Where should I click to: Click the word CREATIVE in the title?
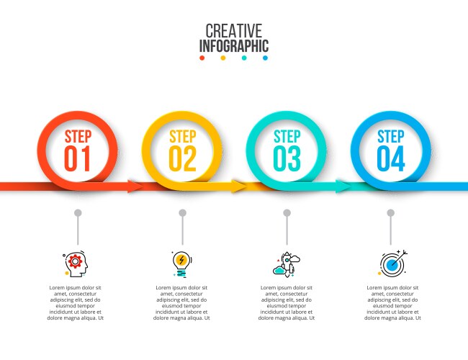(x=233, y=31)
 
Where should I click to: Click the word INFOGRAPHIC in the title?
(x=233, y=47)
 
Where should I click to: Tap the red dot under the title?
(x=202, y=58)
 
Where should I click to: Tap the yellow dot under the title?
(x=223, y=58)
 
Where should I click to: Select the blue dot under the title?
(x=265, y=58)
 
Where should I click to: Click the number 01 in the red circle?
(x=78, y=158)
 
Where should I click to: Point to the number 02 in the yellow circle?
(x=182, y=158)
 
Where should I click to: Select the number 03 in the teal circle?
(x=287, y=158)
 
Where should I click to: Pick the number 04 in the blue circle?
(x=391, y=158)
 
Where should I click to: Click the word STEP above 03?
(x=287, y=137)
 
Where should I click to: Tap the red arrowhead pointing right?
(x=135, y=186)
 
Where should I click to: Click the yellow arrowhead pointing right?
(x=239, y=186)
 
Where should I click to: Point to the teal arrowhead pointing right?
(x=343, y=186)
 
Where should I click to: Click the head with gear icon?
(x=76, y=264)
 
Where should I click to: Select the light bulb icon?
(x=181, y=264)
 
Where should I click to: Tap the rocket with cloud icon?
(x=286, y=265)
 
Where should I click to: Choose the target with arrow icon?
(x=392, y=264)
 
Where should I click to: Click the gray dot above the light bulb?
(x=182, y=213)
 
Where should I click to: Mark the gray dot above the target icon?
(x=390, y=213)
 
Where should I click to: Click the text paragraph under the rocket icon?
(x=287, y=302)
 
